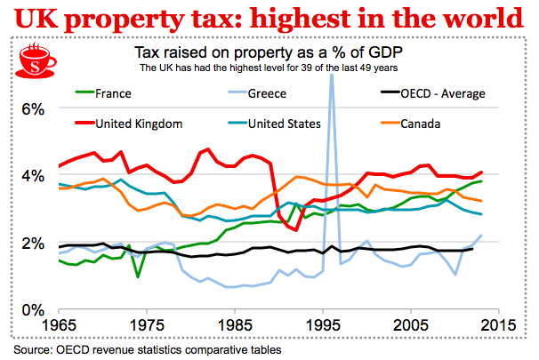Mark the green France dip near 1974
[x=138, y=276]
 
